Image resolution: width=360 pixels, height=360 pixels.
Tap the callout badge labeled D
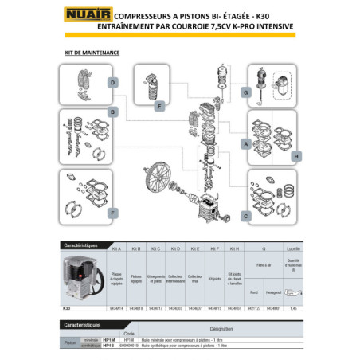[114, 84]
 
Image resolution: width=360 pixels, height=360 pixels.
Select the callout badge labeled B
[114, 112]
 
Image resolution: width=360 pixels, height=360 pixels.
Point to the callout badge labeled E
[160, 105]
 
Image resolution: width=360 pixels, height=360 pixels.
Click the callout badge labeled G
[246, 93]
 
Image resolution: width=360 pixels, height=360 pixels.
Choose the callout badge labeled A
[246, 144]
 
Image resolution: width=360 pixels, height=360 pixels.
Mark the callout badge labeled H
[295, 157]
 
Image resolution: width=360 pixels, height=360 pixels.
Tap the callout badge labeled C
[245, 216]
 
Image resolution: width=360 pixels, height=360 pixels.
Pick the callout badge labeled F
[114, 213]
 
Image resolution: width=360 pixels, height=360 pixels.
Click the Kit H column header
[234, 249]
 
